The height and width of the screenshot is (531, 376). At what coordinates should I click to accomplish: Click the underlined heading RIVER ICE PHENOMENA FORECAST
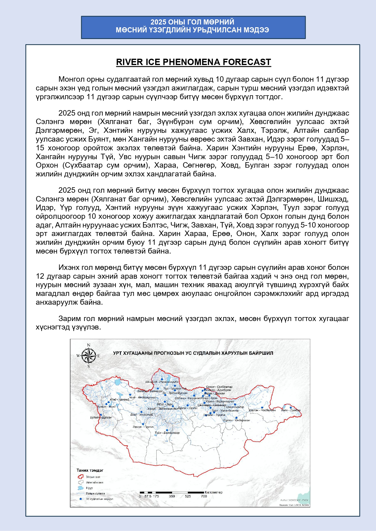(193, 62)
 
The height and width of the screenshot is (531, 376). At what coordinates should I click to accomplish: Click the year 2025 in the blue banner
(158, 22)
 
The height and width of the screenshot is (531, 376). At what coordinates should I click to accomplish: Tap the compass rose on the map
(88, 356)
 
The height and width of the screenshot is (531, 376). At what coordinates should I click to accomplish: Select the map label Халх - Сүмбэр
(291, 410)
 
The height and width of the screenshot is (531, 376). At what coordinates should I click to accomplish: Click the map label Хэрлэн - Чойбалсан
(262, 410)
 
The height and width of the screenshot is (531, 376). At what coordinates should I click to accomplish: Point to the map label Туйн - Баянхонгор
(167, 433)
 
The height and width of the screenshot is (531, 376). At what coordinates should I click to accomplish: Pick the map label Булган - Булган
(101, 417)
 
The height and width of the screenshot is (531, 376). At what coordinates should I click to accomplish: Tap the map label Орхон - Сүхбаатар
(219, 387)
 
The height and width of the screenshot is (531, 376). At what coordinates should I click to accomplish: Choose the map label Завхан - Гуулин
(143, 427)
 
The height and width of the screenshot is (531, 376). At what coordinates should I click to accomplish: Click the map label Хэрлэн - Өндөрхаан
(236, 420)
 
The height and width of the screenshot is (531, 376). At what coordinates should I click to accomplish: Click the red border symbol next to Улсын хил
(81, 477)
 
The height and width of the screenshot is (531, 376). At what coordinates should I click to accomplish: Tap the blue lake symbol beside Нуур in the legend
(81, 488)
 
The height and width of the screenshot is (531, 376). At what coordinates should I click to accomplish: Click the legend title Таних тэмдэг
(90, 470)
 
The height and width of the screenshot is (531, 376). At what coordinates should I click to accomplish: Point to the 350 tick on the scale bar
(172, 496)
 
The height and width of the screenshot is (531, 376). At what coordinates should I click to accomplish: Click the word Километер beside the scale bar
(214, 492)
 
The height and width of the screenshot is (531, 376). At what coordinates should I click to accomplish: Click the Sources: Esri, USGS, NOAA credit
(294, 505)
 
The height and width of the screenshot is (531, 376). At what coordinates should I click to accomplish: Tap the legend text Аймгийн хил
(95, 483)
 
